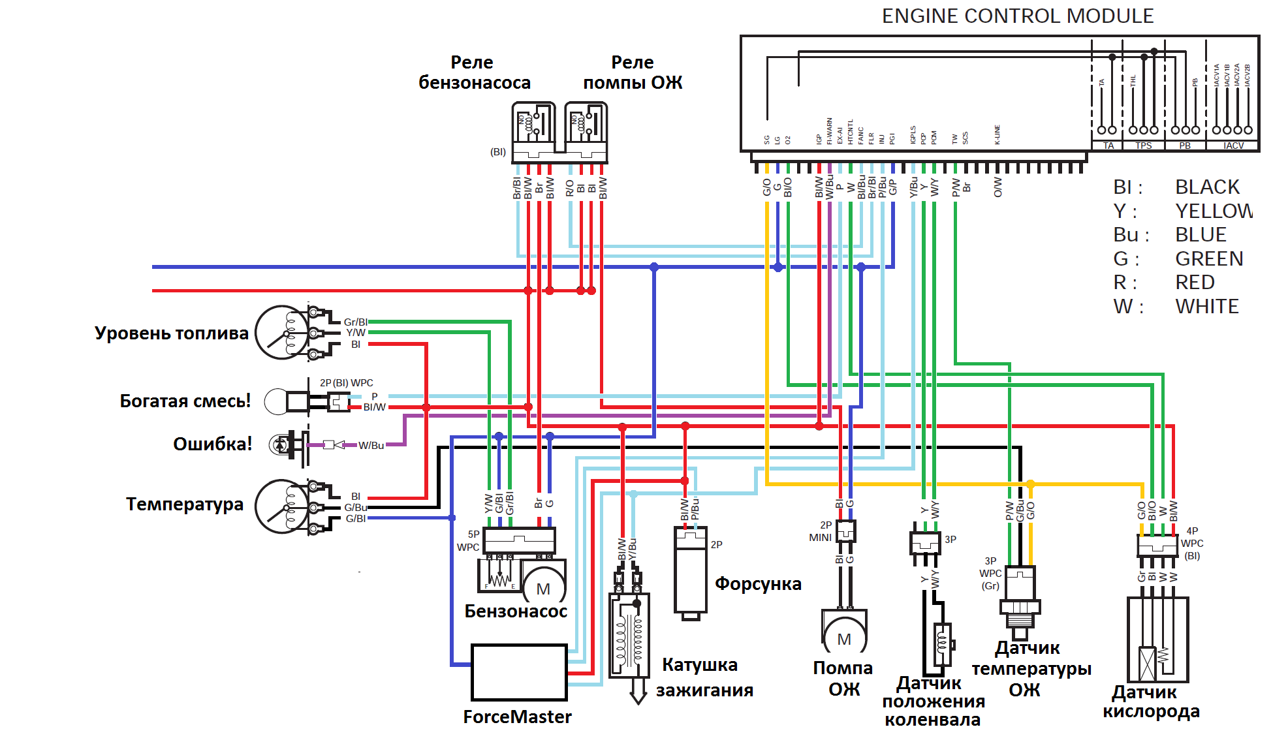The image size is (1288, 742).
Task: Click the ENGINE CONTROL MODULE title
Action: click(x=1017, y=16)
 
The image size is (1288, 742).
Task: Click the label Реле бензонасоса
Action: click(x=474, y=72)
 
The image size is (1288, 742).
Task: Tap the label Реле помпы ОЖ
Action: click(x=632, y=72)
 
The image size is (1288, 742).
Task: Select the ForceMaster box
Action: click(x=519, y=672)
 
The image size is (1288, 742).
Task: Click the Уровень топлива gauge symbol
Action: click(x=281, y=333)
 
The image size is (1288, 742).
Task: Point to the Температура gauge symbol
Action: click(x=281, y=506)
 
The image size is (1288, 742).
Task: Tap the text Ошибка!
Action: click(x=212, y=444)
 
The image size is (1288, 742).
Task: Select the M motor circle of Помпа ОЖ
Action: click(x=844, y=639)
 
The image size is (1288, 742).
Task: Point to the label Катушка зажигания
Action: click(x=704, y=677)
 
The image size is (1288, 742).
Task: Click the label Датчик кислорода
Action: click(x=1150, y=702)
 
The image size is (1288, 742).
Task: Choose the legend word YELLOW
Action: click(x=1214, y=211)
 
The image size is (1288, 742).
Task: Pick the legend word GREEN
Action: click(x=1209, y=259)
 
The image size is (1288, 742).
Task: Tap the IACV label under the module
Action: click(x=1233, y=146)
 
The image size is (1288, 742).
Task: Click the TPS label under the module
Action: click(x=1143, y=146)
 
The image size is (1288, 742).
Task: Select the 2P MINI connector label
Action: click(x=821, y=531)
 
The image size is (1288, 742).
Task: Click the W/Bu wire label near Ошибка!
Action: click(x=371, y=446)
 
